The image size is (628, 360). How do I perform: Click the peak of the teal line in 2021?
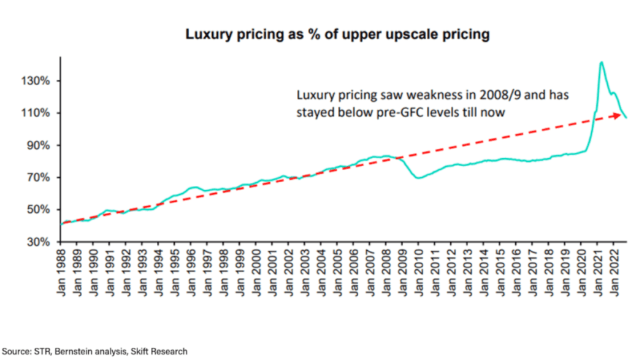(x=602, y=62)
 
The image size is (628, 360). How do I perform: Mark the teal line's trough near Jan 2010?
(x=419, y=178)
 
